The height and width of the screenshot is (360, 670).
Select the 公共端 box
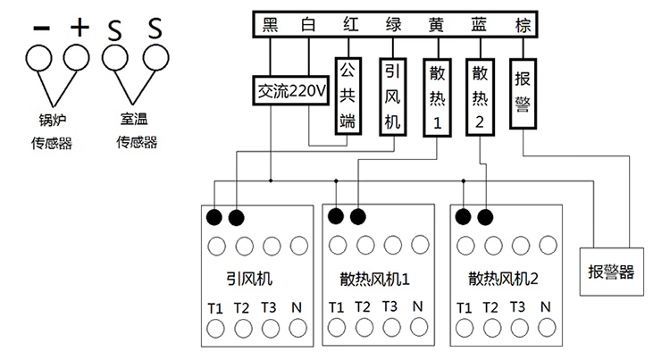[x=348, y=96]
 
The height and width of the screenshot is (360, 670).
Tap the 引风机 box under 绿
[x=392, y=96]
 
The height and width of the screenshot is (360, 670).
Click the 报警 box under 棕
[x=523, y=92]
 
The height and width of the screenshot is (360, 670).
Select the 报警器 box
[x=610, y=272]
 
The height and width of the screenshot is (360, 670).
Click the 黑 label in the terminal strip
[x=271, y=24]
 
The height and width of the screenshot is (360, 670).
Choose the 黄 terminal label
[x=436, y=24]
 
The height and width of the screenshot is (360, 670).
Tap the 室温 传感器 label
[x=137, y=130]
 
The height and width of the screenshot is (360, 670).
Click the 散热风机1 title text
[x=375, y=279]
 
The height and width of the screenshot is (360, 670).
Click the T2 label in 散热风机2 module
[x=490, y=306]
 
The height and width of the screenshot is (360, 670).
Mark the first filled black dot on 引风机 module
[x=215, y=217]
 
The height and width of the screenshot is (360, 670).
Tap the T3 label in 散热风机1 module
[x=389, y=306]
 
